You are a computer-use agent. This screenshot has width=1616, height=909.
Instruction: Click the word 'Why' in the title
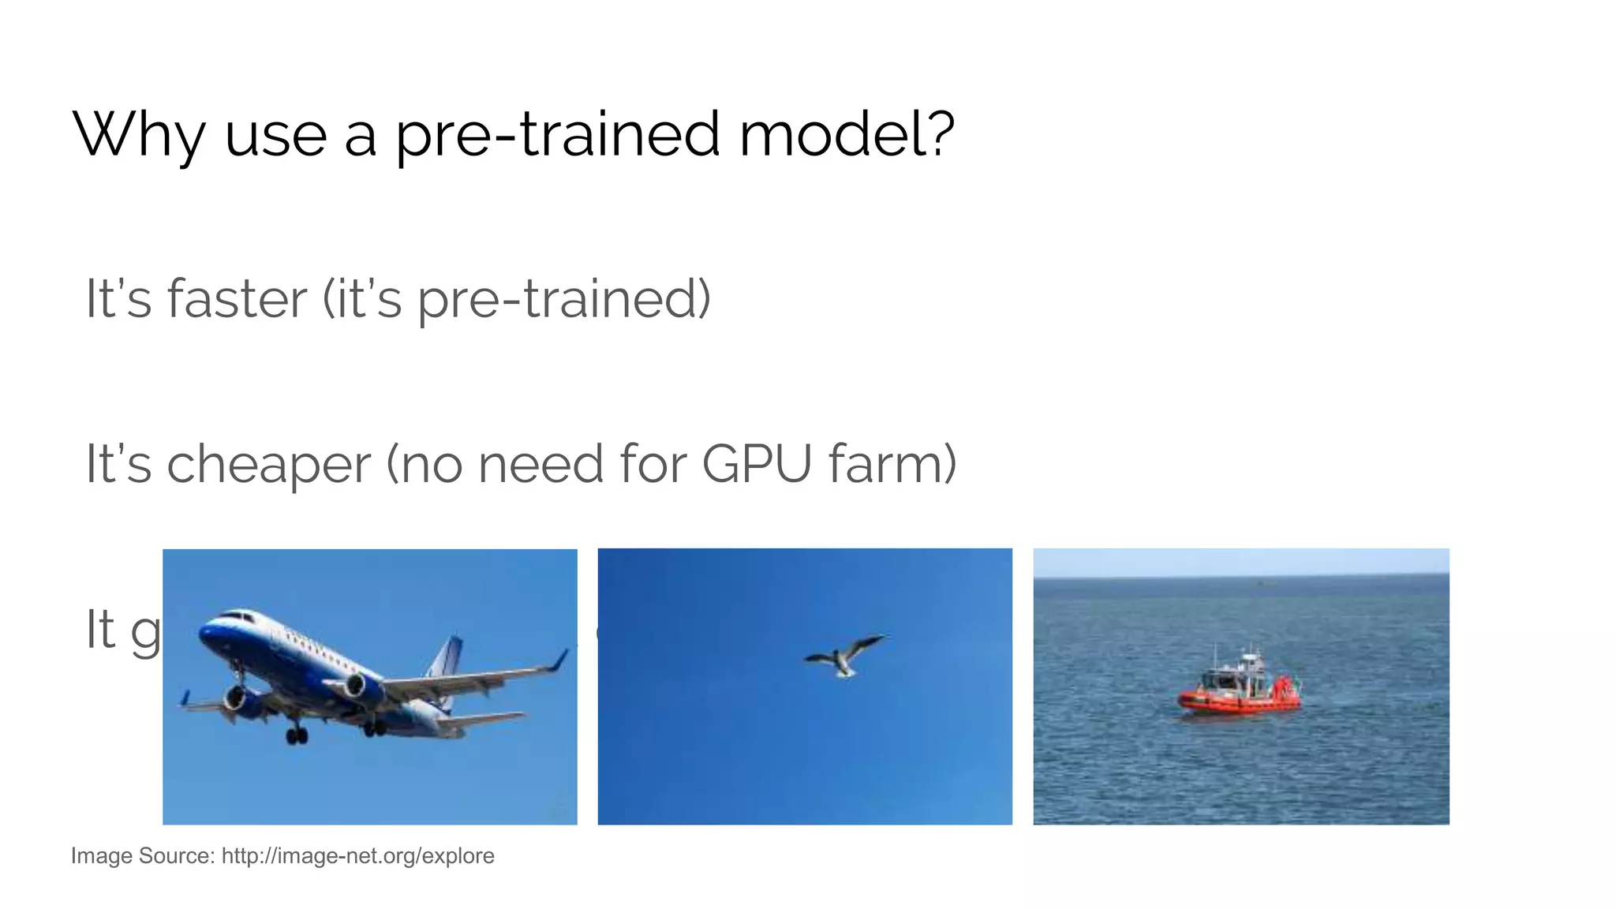[x=139, y=134]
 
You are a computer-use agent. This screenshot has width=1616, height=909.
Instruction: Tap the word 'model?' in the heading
[x=847, y=134]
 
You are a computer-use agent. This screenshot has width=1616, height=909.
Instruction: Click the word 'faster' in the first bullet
[x=237, y=299]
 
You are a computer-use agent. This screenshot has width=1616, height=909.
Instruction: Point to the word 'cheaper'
[x=268, y=465]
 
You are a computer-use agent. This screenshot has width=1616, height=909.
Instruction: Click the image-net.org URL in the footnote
[x=357, y=856]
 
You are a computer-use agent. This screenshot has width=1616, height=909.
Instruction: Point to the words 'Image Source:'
[x=142, y=856]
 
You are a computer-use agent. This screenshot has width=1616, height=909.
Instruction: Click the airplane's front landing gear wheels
[x=297, y=736]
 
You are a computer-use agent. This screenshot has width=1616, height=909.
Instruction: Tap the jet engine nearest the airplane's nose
[x=237, y=698]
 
